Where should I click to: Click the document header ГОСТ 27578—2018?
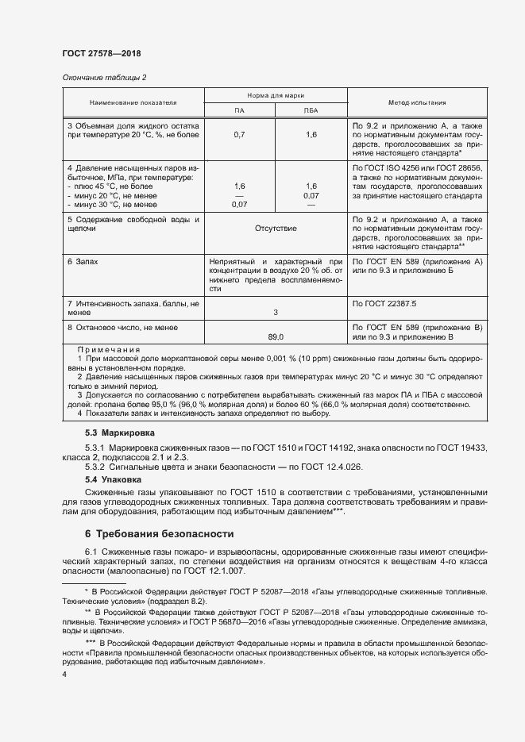click(101, 54)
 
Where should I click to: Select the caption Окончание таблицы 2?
click(104, 77)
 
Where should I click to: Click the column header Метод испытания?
click(416, 102)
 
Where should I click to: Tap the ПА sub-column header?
click(239, 110)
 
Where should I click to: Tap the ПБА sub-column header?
click(311, 110)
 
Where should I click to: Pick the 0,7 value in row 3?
click(239, 136)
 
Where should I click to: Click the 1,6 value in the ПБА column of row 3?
click(311, 136)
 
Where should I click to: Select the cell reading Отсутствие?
click(275, 229)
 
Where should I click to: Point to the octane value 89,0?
click(275, 336)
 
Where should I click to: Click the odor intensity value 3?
click(275, 313)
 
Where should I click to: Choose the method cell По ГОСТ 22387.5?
click(384, 304)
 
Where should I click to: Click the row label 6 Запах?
click(83, 261)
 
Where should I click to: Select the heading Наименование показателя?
click(133, 102)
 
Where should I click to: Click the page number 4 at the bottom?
click(64, 674)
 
